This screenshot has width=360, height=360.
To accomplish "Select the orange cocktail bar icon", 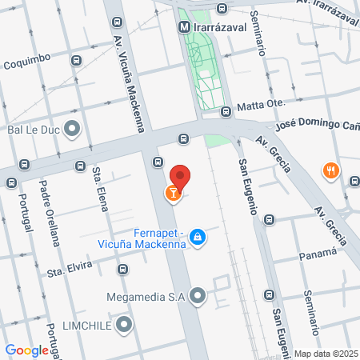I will (x=172, y=192).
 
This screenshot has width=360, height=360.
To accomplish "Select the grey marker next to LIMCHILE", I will (x=123, y=325).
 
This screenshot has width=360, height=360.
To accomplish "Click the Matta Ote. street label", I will (x=263, y=106).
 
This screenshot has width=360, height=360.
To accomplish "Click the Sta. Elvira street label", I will (x=70, y=272).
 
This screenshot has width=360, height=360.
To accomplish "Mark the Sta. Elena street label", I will (x=101, y=190).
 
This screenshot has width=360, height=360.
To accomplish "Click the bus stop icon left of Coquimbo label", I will (x=75, y=60).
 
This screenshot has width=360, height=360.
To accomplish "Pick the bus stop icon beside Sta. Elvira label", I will (x=122, y=269).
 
